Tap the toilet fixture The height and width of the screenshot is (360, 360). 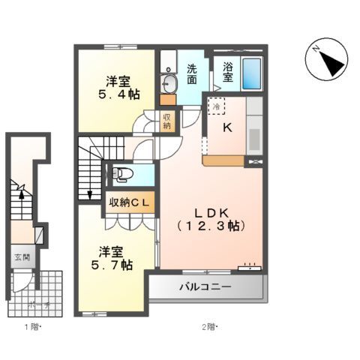123,175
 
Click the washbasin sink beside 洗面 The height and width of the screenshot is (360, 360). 168,82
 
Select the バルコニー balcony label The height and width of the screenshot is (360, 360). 205,286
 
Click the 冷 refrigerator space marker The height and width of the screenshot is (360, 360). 215,107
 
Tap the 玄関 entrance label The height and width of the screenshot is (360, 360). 21,257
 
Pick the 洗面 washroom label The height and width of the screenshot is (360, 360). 192,72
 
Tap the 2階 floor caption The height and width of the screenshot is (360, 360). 209,327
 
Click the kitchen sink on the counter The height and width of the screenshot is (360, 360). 254,139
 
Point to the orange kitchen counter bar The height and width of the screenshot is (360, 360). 223,159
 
